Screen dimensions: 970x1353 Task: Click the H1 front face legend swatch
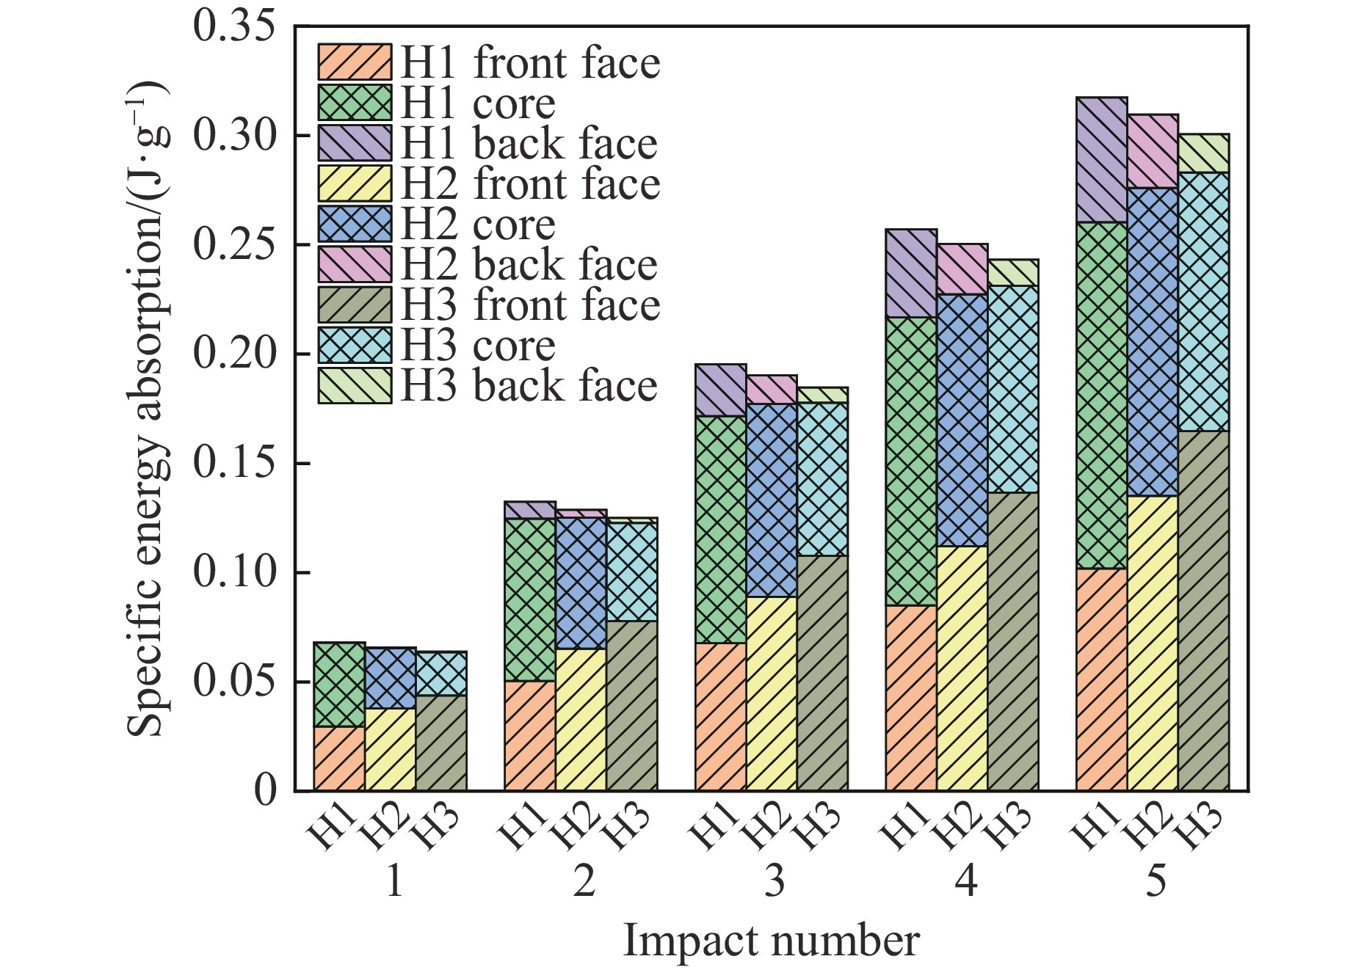[355, 62]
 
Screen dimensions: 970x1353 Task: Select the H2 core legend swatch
[355, 225]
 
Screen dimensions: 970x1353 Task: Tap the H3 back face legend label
[529, 386]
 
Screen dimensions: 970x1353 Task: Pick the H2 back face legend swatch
[355, 265]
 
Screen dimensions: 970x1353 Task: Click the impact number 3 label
[775, 880]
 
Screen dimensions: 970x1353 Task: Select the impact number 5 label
[1156, 880]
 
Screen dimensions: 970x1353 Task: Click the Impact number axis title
[771, 941]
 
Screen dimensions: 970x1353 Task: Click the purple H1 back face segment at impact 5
[1101, 159]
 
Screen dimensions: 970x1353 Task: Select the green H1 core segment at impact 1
[339, 685]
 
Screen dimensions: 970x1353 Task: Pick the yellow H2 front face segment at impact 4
[962, 668]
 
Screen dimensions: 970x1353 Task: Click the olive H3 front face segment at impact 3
[822, 673]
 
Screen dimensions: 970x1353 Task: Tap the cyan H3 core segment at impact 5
[1203, 302]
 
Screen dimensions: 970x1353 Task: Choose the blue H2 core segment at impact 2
[581, 583]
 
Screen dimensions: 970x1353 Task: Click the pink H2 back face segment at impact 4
[962, 269]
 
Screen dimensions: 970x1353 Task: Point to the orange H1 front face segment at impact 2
[530, 735]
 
